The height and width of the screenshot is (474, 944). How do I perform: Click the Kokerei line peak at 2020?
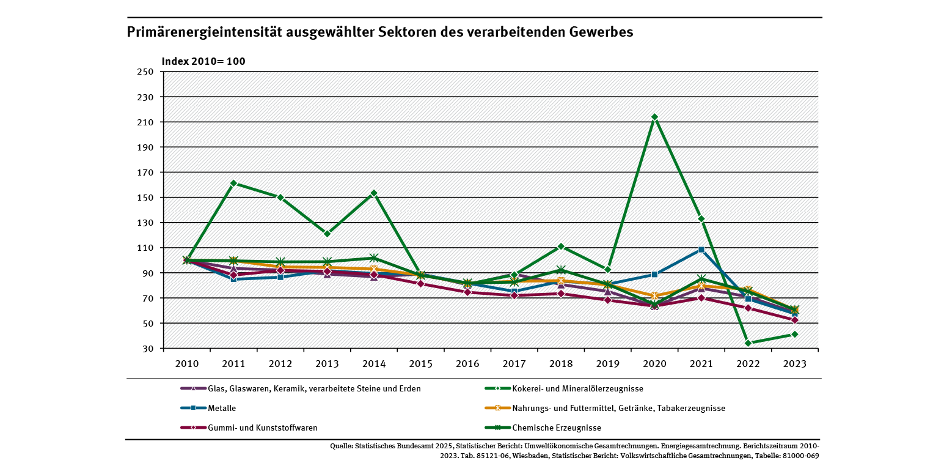tap(654, 117)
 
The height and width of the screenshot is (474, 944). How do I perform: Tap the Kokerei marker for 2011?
tap(233, 183)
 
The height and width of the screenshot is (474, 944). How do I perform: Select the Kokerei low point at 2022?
tap(748, 343)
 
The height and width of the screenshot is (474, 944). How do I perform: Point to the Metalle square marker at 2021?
tap(701, 250)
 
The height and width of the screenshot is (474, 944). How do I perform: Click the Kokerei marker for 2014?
tap(374, 193)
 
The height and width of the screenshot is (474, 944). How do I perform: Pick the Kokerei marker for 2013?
tap(327, 234)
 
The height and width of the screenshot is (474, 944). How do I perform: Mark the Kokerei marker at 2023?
tap(795, 334)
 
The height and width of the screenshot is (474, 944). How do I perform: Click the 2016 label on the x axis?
tap(467, 363)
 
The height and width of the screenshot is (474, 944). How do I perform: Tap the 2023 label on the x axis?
tap(795, 363)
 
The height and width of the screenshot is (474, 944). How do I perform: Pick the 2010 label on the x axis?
tap(186, 363)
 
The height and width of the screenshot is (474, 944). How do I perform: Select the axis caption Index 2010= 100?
tap(203, 61)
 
